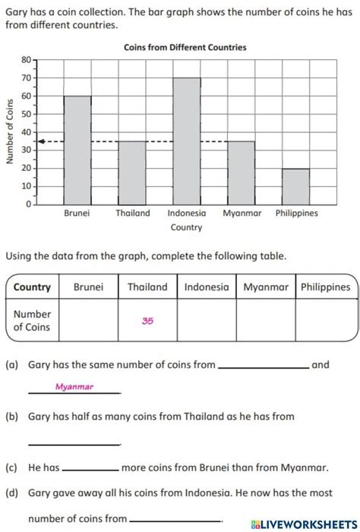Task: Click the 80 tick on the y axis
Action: [x=26, y=59]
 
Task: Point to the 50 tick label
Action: [x=26, y=114]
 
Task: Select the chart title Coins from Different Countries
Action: [x=185, y=47]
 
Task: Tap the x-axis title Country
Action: [x=186, y=227]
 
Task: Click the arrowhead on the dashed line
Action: [x=42, y=141]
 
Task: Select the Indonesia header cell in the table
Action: [x=207, y=287]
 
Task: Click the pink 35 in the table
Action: [x=147, y=321]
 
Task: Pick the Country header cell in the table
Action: [x=32, y=287]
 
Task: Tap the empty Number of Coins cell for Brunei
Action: [x=89, y=321]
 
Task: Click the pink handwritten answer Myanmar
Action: [x=74, y=387]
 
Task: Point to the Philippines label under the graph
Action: [x=296, y=214]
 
